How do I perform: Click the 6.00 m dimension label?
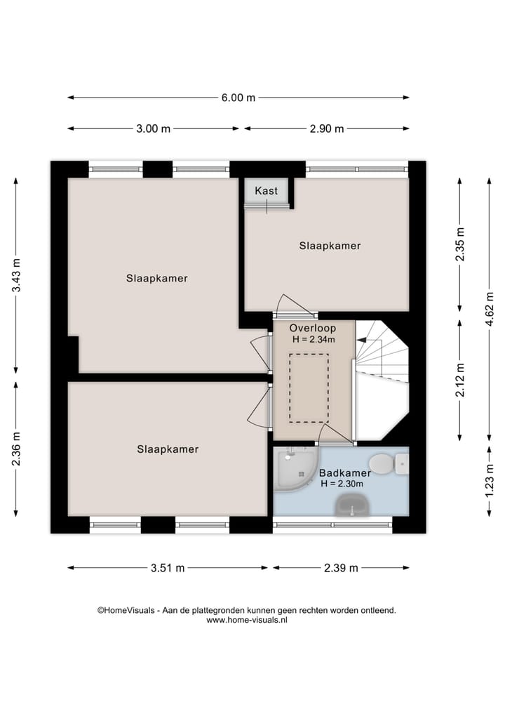pyautogui.click(x=238, y=98)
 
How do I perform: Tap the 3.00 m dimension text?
pyautogui.click(x=154, y=129)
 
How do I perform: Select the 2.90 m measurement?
pyautogui.click(x=327, y=129)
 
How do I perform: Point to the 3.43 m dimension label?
pyautogui.click(x=16, y=275)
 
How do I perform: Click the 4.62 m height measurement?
pyautogui.click(x=490, y=309)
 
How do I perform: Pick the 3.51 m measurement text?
pyautogui.click(x=168, y=568)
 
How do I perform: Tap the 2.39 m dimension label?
pyautogui.click(x=341, y=568)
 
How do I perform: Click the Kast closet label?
pyautogui.click(x=266, y=190)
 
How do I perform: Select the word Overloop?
pyautogui.click(x=313, y=328)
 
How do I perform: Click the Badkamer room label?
pyautogui.click(x=345, y=472)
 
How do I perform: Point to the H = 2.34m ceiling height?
pyautogui.click(x=314, y=339)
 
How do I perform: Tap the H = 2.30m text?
pyautogui.click(x=342, y=484)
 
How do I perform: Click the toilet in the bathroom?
pyautogui.click(x=388, y=463)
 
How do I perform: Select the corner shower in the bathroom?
pyautogui.click(x=293, y=470)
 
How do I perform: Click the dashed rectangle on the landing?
pyautogui.click(x=309, y=388)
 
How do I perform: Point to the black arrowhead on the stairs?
pyautogui.click(x=362, y=340)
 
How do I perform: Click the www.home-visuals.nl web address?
pyautogui.click(x=247, y=620)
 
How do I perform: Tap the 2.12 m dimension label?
pyautogui.click(x=460, y=380)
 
